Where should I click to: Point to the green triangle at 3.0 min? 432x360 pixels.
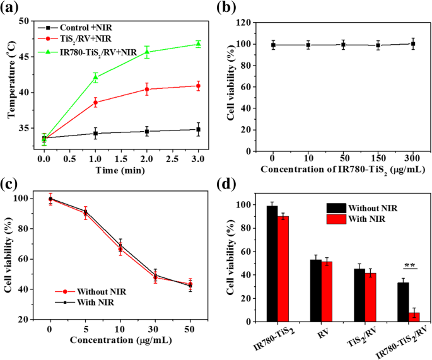[198, 44]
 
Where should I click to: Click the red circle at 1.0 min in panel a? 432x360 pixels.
[95, 102]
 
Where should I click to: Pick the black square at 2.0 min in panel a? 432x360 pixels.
[146, 131]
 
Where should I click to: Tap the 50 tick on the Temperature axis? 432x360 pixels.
[29, 21]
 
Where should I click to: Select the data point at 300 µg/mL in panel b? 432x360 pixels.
[412, 44]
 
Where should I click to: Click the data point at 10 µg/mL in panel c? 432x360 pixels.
[120, 247]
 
